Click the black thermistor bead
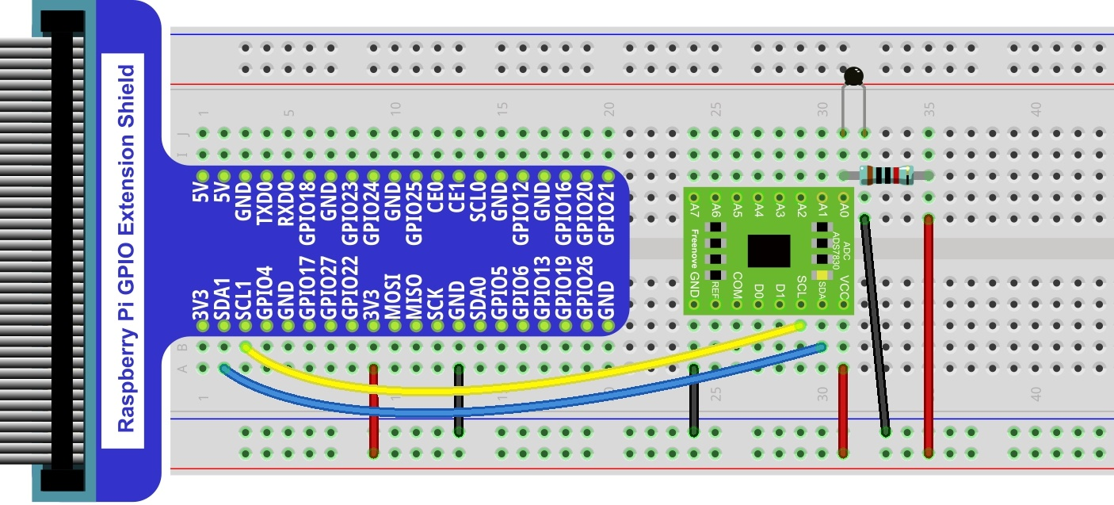click(x=853, y=76)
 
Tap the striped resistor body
click(x=887, y=175)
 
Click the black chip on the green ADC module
click(x=769, y=251)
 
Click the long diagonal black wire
click(x=876, y=326)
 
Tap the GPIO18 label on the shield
click(x=308, y=213)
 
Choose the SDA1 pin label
click(x=223, y=299)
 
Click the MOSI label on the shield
click(x=393, y=296)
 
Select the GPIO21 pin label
click(x=606, y=213)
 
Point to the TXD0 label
click(x=265, y=203)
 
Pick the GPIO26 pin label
click(x=585, y=288)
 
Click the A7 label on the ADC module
click(x=694, y=210)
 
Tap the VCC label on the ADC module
click(x=844, y=287)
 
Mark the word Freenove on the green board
click(x=694, y=249)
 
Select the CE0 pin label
click(x=436, y=197)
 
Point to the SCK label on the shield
click(x=436, y=304)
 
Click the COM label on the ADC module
click(x=737, y=285)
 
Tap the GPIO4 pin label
click(x=265, y=293)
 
